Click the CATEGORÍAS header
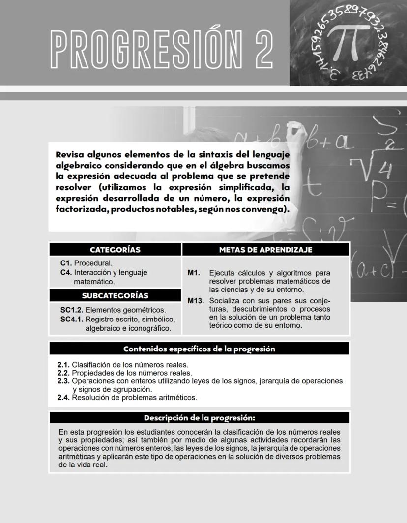pos(115,250)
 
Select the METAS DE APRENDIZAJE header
pos(265,250)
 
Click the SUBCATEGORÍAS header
pos(115,295)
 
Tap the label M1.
pos(193,273)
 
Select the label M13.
pos(196,300)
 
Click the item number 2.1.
pos(63,365)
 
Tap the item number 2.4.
pos(63,397)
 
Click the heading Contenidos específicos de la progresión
pos(199,349)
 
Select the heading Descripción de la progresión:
pos(199,418)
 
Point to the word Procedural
pos(93,263)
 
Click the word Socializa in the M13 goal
pos(226,300)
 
